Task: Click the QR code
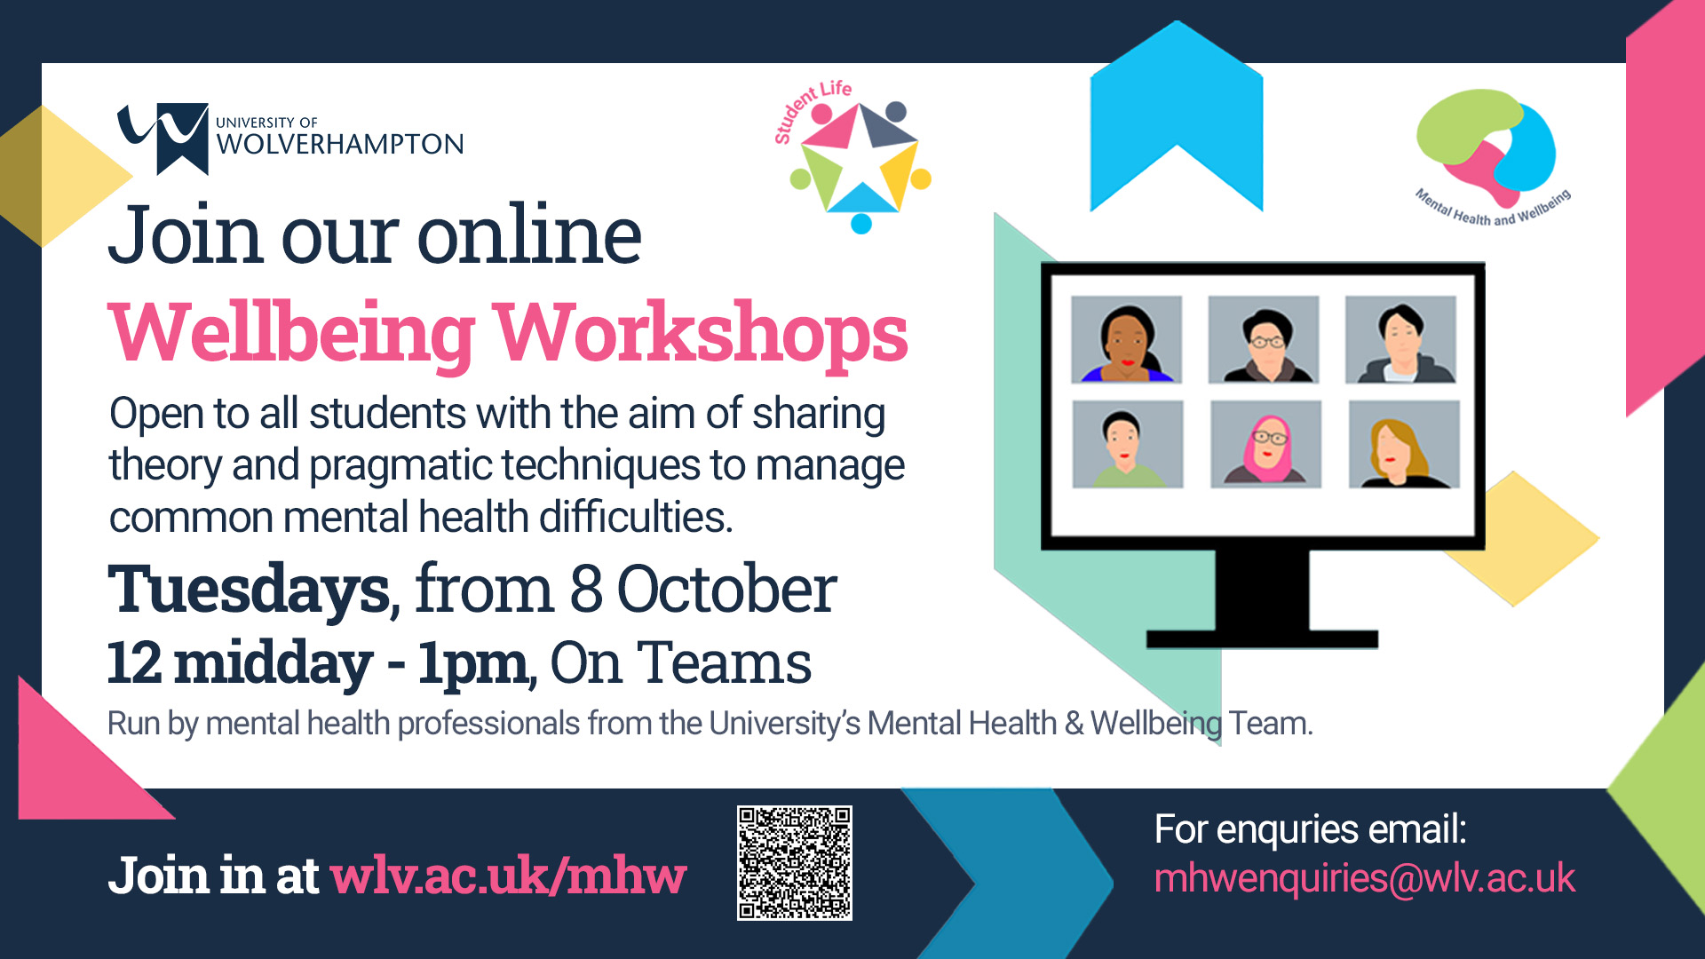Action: pos(794,862)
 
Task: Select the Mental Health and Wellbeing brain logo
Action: pos(1487,147)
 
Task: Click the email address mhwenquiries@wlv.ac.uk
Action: pos(1364,878)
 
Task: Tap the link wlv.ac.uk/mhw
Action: pos(508,876)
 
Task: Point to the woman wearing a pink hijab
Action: pos(1265,444)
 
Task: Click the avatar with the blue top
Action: pos(1126,340)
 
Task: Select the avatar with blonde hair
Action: pos(1403,444)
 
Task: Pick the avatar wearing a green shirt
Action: pos(1128,444)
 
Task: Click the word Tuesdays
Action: pos(249,590)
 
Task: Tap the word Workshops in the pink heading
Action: pos(701,333)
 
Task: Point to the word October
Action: pos(726,590)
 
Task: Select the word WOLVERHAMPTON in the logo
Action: pos(340,145)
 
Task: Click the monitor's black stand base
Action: pos(1262,638)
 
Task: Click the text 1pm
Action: pos(473,662)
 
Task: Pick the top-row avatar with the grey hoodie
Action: pos(1400,340)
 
